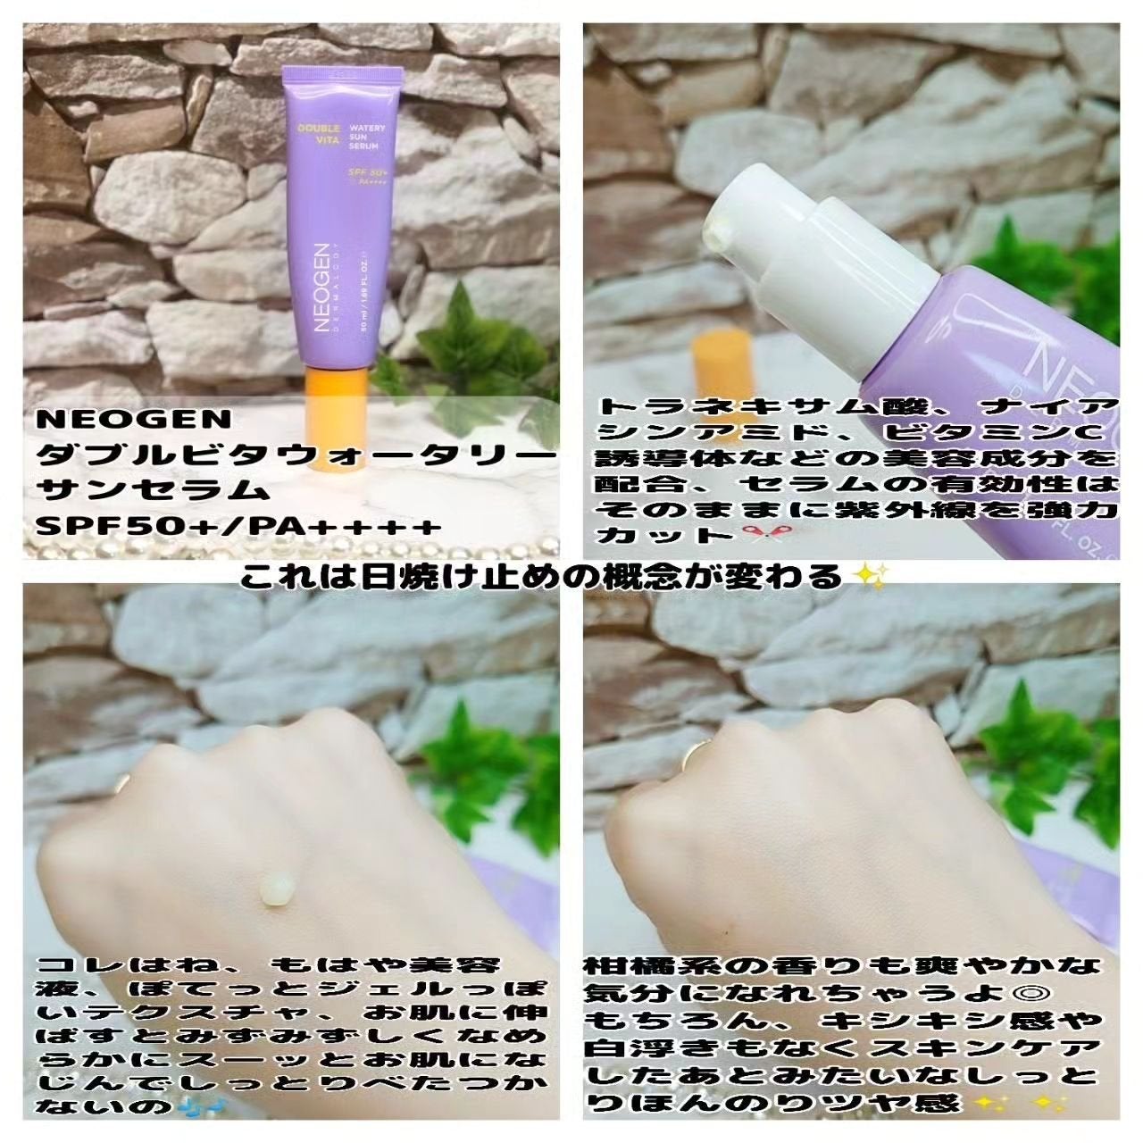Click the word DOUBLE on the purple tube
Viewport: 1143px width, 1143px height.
310,128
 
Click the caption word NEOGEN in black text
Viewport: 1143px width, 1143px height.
133,420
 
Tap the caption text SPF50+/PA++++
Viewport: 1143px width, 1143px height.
239,526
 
